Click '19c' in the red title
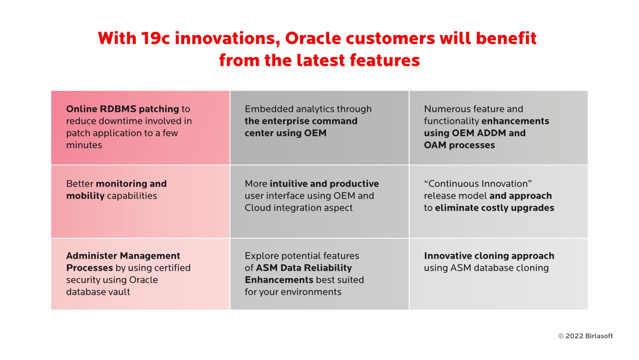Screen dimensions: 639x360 coord(155,38)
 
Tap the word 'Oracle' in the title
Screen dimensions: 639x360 coord(313,38)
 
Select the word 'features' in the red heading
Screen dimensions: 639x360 coord(385,60)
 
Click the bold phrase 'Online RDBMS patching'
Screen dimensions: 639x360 coord(122,109)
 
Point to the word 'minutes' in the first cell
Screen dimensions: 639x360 coord(84,145)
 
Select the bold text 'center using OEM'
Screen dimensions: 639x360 coord(285,133)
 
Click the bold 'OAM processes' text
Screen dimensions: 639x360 coord(459,145)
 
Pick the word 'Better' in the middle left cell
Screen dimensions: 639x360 coord(80,184)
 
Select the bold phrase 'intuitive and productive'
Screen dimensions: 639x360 coord(324,184)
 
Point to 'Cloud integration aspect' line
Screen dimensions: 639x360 coord(299,208)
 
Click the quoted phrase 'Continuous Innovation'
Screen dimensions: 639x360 coord(478,184)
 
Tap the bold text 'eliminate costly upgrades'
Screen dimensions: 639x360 coord(494,208)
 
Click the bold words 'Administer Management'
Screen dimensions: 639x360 coord(123,256)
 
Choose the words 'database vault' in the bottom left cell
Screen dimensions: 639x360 coord(98,292)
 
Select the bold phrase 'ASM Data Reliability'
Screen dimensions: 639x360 coord(304,268)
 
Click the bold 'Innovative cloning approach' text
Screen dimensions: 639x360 coord(489,256)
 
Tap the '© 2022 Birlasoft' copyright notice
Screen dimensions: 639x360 coord(586,336)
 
